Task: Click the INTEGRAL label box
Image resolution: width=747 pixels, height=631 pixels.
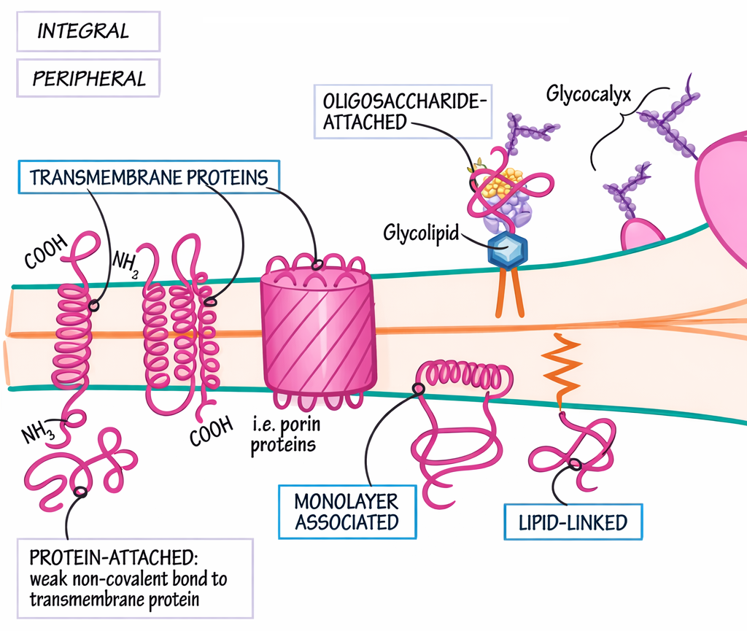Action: point(88,31)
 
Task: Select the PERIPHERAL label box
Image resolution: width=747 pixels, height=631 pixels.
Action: point(88,77)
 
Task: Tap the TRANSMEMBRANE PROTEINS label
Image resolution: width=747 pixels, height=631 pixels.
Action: point(149,177)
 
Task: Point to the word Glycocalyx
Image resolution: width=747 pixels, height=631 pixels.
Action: point(587,94)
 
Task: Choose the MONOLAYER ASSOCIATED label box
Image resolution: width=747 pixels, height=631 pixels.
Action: point(347,511)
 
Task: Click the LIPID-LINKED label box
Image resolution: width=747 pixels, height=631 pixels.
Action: point(574,522)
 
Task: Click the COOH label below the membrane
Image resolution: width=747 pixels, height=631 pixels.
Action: point(211,430)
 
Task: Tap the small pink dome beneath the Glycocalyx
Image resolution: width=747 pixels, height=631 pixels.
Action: point(642,235)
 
